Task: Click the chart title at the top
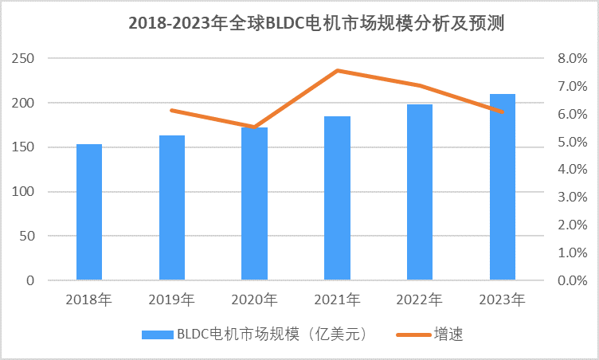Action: [x=317, y=24]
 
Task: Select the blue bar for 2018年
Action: [x=89, y=212]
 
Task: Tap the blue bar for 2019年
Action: [x=172, y=208]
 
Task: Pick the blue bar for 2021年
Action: [x=337, y=198]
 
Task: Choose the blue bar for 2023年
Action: [x=503, y=187]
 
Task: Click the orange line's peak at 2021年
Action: [x=337, y=71]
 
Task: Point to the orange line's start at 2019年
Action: [x=172, y=110]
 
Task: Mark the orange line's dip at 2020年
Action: [x=254, y=127]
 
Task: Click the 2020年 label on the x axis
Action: [x=254, y=300]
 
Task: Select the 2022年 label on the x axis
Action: [x=420, y=300]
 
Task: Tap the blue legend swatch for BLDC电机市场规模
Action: [x=155, y=335]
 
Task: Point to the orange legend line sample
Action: [x=413, y=335]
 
